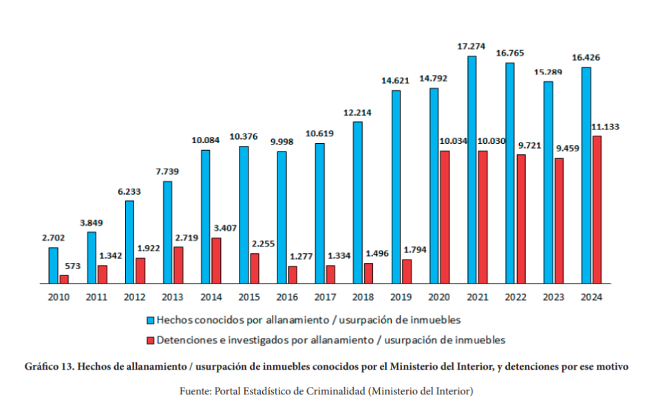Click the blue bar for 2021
click(x=471, y=169)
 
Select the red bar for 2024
click(x=597, y=209)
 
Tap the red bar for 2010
click(x=64, y=279)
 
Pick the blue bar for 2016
click(x=282, y=217)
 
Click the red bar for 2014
click(x=216, y=260)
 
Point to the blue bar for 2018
click(x=357, y=202)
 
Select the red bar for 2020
click(x=445, y=217)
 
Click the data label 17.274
click(x=471, y=46)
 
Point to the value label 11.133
click(x=606, y=127)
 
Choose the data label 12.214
click(x=357, y=112)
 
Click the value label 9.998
click(x=283, y=141)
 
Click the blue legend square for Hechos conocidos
click(x=149, y=320)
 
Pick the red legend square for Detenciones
click(x=149, y=340)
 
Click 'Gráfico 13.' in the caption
click(x=48, y=367)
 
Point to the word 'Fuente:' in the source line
click(x=195, y=391)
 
